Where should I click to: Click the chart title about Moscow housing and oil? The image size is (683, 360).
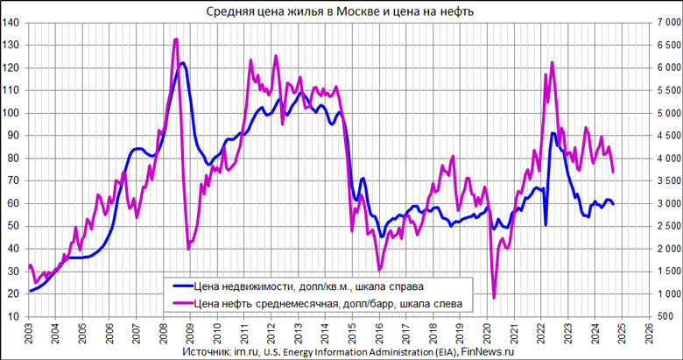click(341, 10)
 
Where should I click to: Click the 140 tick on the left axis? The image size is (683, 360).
click(13, 23)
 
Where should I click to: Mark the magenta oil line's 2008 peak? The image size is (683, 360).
click(176, 39)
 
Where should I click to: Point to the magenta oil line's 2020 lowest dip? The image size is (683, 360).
click(494, 298)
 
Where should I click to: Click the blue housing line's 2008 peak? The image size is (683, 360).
click(182, 63)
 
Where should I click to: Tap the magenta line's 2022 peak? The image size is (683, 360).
click(553, 62)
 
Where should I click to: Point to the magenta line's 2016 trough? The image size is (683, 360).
click(379, 270)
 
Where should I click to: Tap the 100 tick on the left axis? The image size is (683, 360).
click(13, 113)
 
